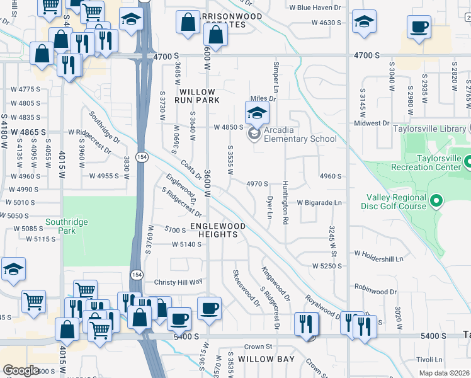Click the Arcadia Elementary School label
point(300,139)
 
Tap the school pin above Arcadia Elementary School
point(256,113)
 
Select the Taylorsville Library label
point(428,129)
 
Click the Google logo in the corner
point(21,370)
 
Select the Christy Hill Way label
point(178,282)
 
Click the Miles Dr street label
point(263,98)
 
